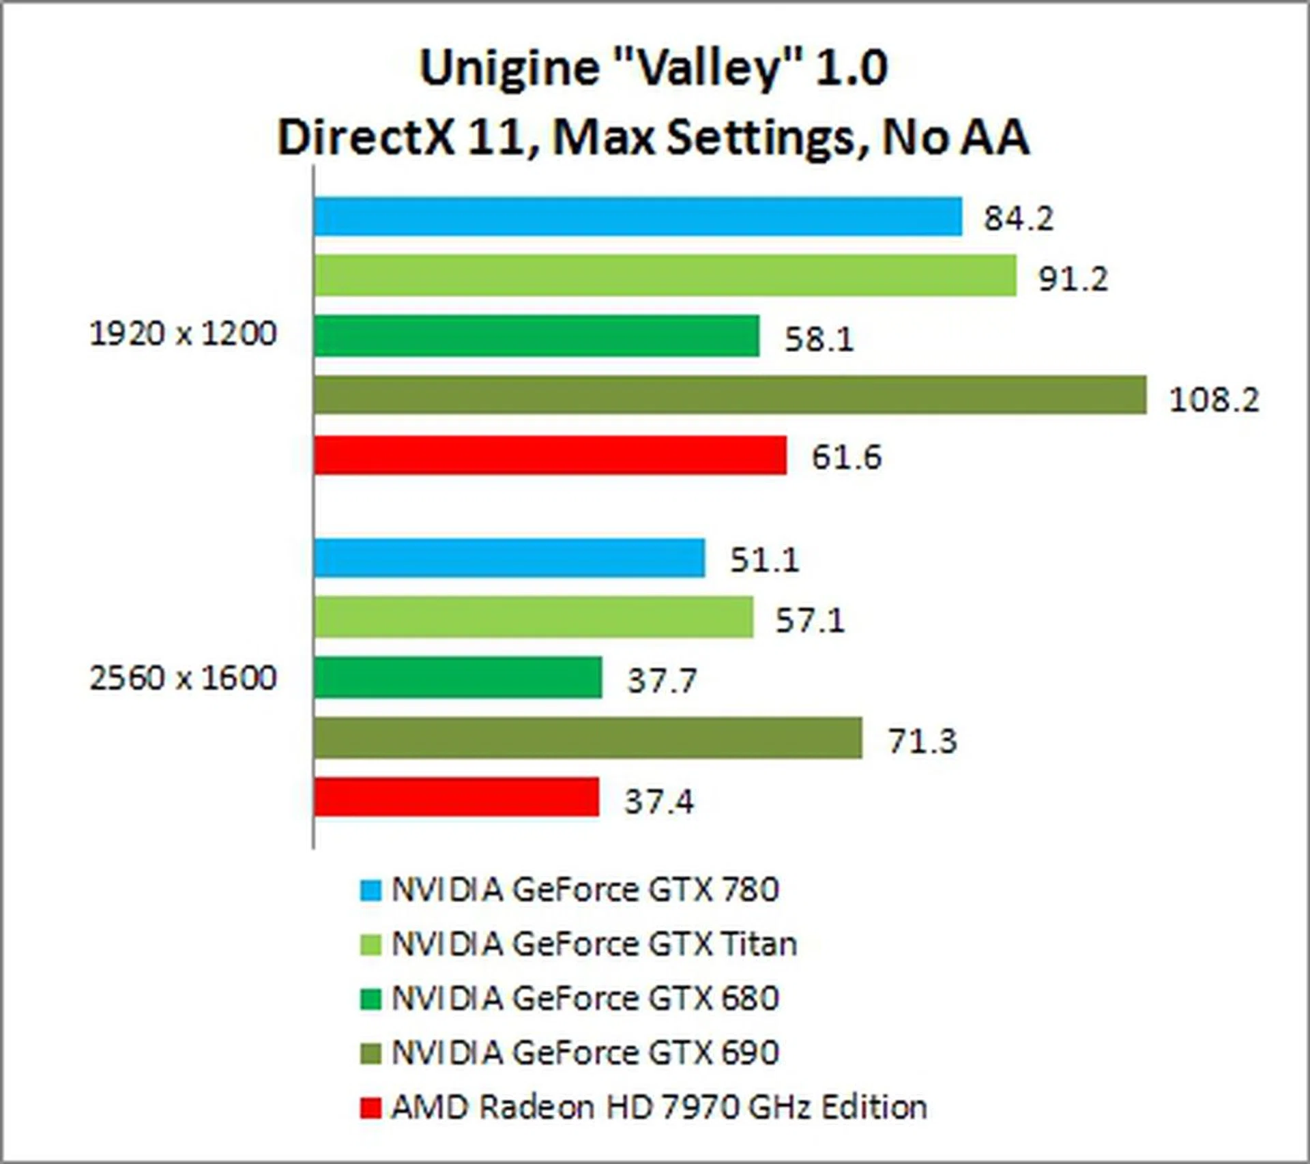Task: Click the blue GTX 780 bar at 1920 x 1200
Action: tap(638, 216)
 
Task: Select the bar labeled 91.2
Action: tap(665, 276)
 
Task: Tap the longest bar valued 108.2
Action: tap(730, 394)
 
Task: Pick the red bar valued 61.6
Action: tap(550, 455)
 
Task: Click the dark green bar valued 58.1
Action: tap(536, 336)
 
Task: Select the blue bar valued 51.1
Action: tap(509, 557)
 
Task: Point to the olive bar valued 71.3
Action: tap(587, 738)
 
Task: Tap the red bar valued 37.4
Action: tap(456, 797)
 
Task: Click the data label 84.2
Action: tap(1018, 218)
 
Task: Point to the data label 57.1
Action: tap(810, 620)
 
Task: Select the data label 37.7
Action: tap(662, 680)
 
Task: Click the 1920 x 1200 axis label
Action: tap(183, 334)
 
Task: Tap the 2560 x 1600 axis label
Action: tap(183, 678)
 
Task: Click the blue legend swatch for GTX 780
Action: tap(370, 890)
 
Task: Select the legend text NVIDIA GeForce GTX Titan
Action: tap(594, 944)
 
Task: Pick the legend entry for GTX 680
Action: tap(585, 998)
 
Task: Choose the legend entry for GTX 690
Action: tap(585, 1052)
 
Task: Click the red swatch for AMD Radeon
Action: tap(370, 1107)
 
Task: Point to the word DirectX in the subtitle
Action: tap(366, 137)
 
